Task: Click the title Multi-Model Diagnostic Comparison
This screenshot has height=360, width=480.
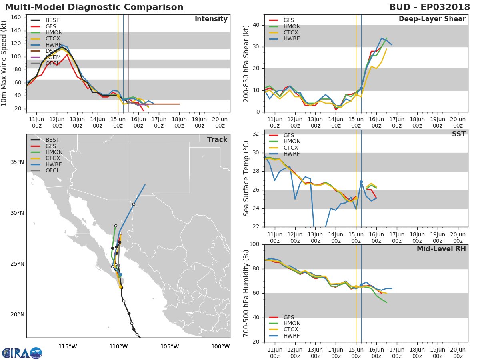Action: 94,7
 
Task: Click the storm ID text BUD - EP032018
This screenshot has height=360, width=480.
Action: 430,7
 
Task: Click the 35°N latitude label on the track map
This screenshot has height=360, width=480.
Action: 17,162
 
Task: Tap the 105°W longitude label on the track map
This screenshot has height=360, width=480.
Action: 170,346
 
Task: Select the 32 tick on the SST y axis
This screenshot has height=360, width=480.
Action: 256,134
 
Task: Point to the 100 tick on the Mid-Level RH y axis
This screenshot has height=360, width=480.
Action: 254,244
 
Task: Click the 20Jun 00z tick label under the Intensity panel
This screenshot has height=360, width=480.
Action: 220,123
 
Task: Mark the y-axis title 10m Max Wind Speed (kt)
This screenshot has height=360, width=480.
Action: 4,63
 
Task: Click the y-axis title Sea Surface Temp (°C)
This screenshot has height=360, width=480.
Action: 246,178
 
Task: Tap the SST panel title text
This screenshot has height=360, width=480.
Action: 459,134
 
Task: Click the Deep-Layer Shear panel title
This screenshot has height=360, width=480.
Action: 432,19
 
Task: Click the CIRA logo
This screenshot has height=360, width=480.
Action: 22,353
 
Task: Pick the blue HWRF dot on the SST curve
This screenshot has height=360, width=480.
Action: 361,182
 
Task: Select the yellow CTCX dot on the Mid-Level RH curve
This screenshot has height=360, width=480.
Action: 356,286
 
